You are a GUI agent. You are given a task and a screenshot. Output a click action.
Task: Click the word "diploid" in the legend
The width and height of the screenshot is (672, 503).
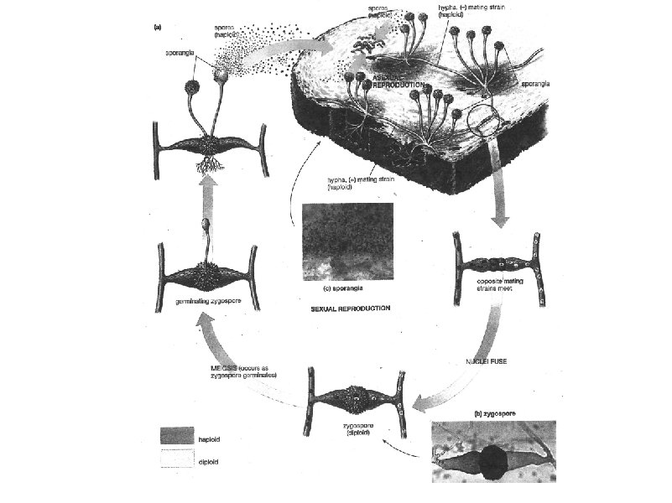pos(210,461)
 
